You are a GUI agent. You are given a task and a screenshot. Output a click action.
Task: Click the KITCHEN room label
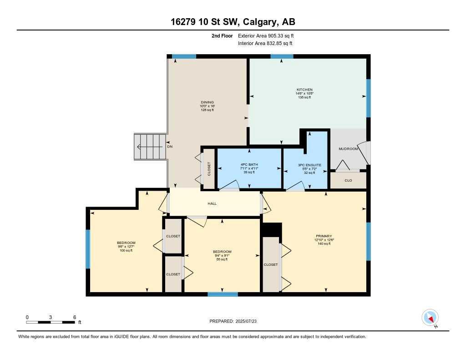(x=304, y=90)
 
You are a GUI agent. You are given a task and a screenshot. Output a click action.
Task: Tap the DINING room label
(x=208, y=102)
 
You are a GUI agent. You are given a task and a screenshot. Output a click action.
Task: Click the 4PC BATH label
(x=249, y=165)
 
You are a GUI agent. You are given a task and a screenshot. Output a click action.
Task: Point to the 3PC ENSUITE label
(x=309, y=165)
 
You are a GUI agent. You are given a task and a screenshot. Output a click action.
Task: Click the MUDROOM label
(x=348, y=149)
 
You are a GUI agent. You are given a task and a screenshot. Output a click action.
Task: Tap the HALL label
(x=212, y=203)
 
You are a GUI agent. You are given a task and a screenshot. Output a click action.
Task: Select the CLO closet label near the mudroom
(x=348, y=180)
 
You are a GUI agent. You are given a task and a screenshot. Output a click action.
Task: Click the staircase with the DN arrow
(x=150, y=147)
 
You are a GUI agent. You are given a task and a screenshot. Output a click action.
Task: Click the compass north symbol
(x=430, y=317)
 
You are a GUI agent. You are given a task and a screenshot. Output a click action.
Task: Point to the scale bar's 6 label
(x=74, y=317)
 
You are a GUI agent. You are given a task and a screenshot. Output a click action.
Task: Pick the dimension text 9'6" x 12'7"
(x=126, y=247)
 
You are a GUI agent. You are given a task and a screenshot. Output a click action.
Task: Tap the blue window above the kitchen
(x=282, y=56)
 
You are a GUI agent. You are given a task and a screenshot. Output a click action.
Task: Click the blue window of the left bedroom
(x=88, y=249)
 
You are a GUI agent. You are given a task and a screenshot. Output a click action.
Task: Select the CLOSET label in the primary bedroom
(x=271, y=264)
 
